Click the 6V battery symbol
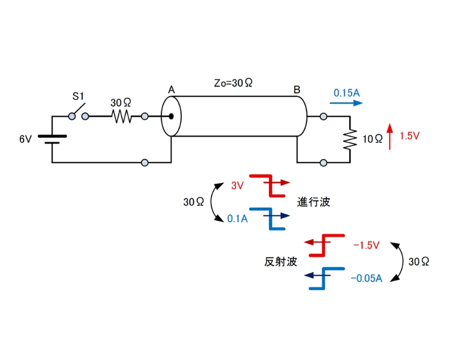tap(52, 139)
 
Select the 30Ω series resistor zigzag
tap(121, 116)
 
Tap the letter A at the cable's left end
tap(171, 90)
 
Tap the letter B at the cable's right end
tap(296, 90)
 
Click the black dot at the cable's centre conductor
tap(170, 117)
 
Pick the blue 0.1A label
tap(237, 218)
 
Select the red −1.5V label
tap(366, 245)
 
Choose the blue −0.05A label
tap(366, 278)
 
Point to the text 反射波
tap(280, 262)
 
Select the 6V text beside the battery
tap(26, 139)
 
